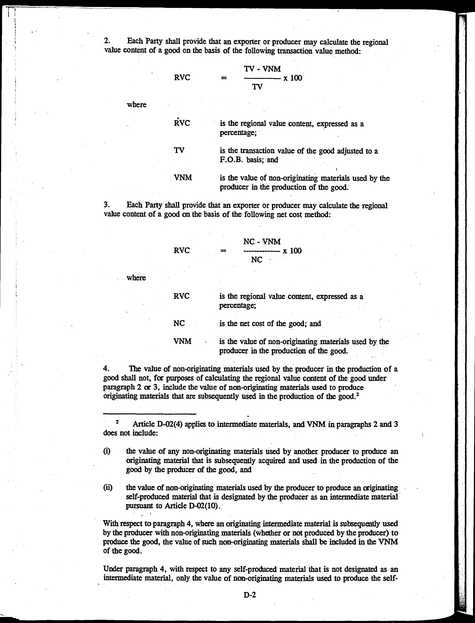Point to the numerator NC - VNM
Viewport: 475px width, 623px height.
262,242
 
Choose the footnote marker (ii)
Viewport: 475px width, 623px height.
108,488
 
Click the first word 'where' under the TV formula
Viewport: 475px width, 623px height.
137,105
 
